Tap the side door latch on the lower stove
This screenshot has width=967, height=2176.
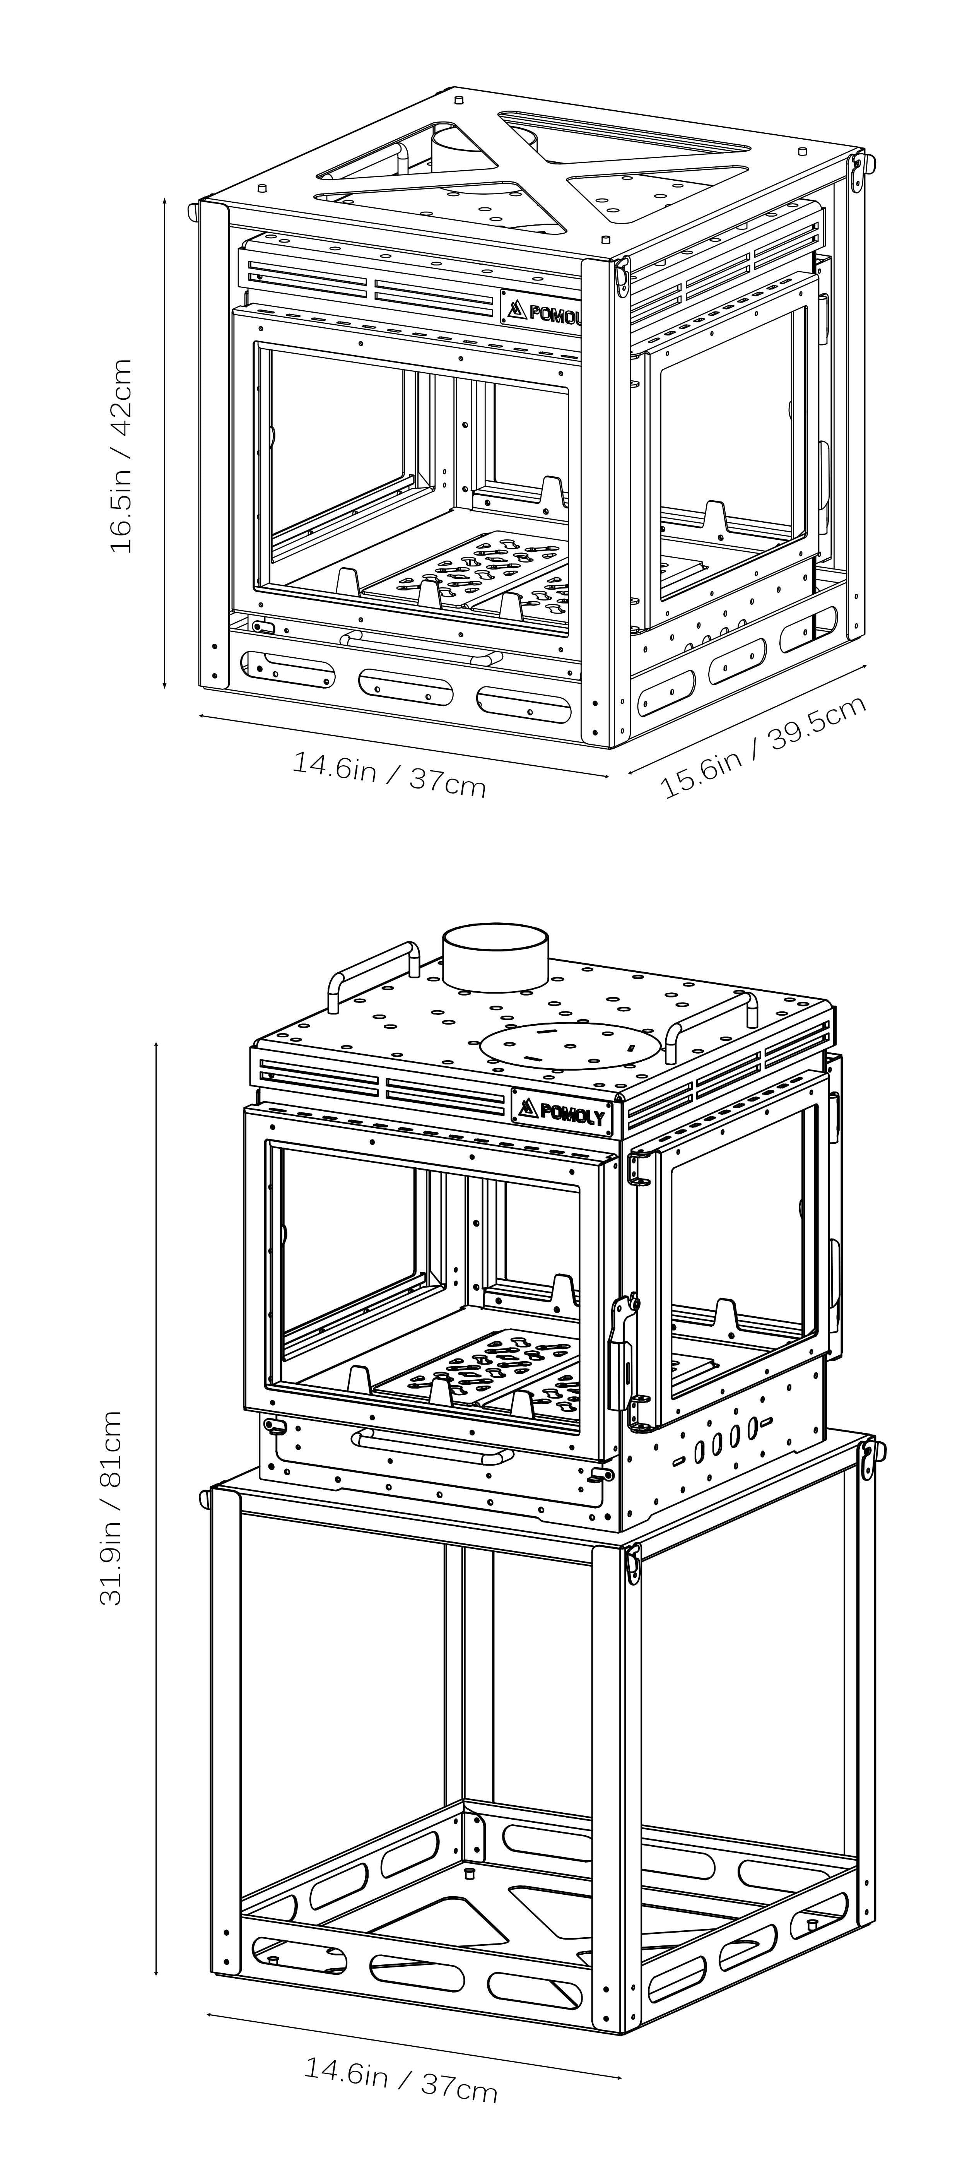click(x=622, y=1352)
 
